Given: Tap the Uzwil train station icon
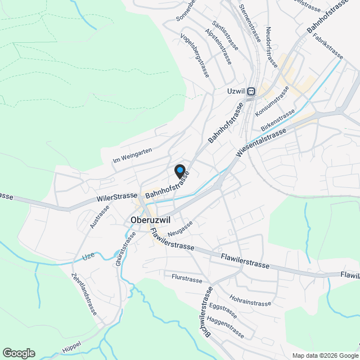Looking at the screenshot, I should click(251, 91).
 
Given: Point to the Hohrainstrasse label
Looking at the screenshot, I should click(250, 299).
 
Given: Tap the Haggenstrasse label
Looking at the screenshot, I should click(225, 327).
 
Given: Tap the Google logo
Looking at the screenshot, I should click(19, 353).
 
